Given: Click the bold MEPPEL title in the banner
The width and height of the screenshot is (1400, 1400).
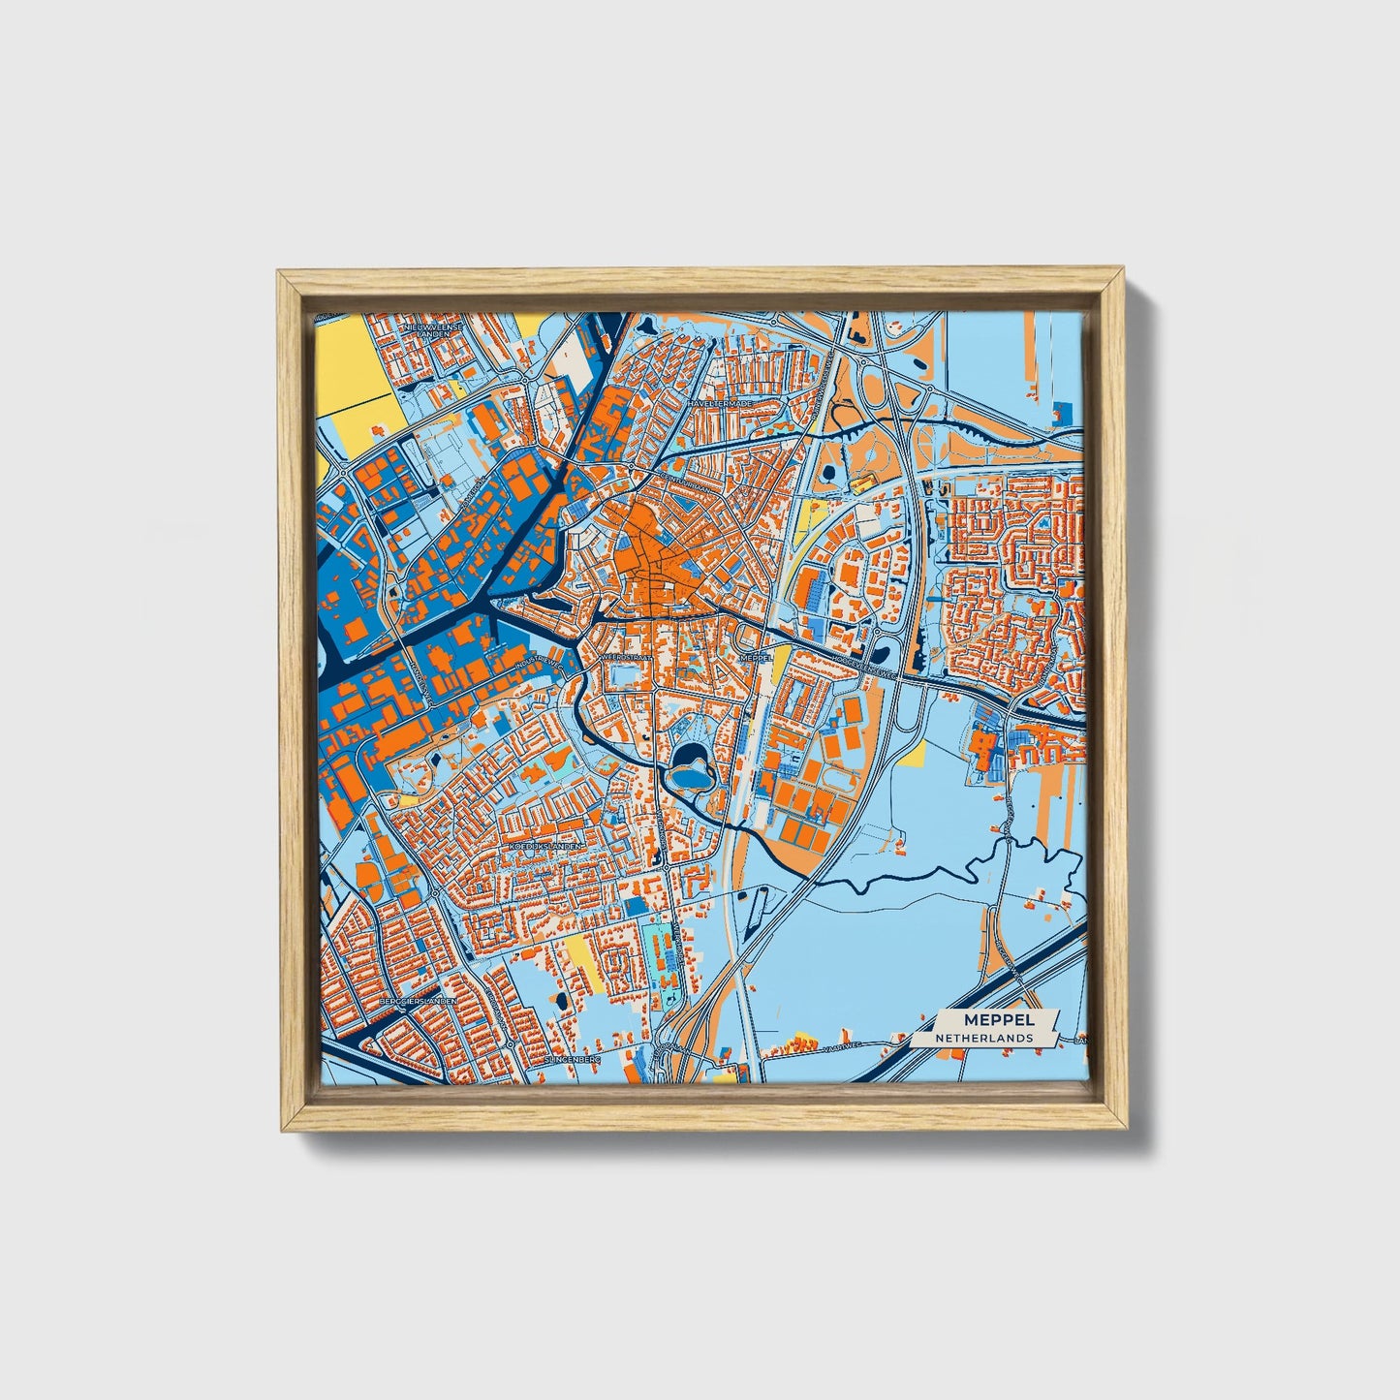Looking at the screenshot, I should tap(998, 1019).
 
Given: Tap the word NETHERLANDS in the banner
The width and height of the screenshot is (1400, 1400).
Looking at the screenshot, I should tap(983, 1038).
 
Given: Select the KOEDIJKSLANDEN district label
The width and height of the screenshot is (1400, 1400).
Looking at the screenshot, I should tap(546, 846).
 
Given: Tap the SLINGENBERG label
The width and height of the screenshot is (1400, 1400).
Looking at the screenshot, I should tap(574, 1060).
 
